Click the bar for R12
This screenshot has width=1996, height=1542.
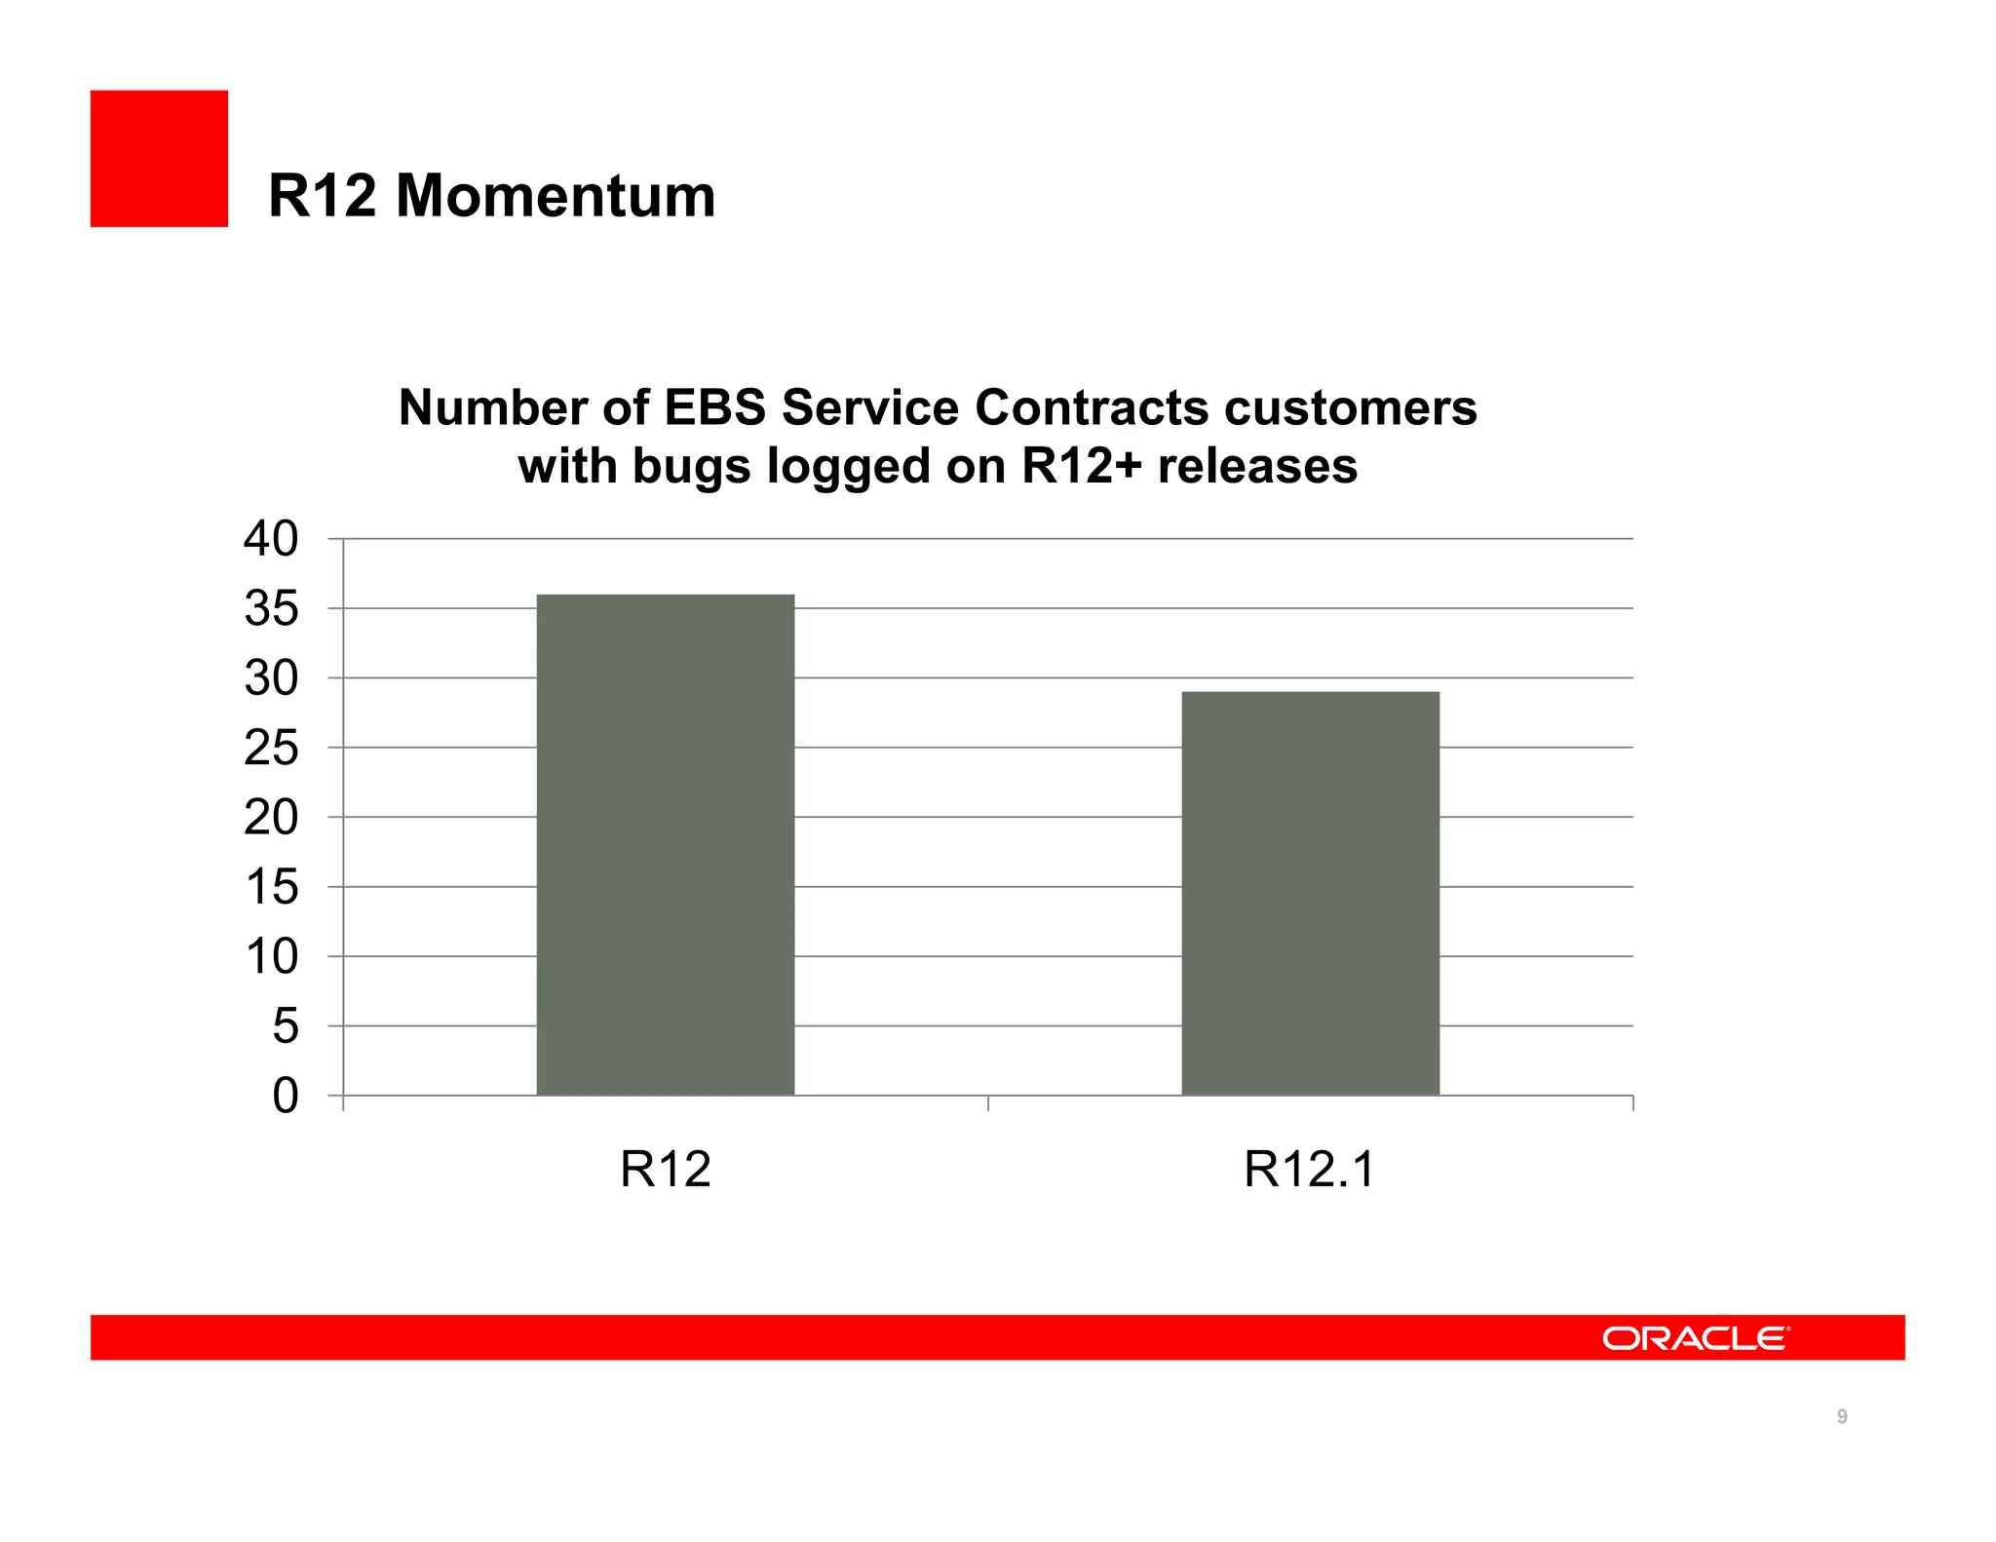point(666,844)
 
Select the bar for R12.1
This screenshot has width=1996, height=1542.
point(1310,893)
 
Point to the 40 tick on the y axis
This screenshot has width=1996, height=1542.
point(271,539)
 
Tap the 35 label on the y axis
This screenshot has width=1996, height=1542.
point(271,609)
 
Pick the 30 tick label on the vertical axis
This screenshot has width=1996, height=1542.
point(271,678)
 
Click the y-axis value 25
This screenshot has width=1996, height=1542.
point(271,749)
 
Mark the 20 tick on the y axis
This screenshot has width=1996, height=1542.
point(271,818)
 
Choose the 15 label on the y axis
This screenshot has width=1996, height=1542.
point(271,888)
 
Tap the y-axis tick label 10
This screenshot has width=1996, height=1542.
point(271,957)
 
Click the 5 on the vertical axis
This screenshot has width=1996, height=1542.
point(285,1026)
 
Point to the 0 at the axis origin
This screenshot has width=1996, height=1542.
point(285,1097)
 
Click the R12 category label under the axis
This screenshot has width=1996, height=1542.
point(666,1169)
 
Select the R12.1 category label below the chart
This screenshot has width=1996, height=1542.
point(1309,1169)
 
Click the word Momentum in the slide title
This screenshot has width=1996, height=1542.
point(556,196)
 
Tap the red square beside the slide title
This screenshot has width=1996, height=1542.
point(159,159)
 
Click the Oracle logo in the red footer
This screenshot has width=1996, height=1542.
point(1696,1338)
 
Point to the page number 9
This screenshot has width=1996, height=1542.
point(1842,1416)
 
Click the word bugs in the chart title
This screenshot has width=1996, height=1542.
point(692,466)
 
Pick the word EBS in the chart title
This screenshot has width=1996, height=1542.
point(715,407)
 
